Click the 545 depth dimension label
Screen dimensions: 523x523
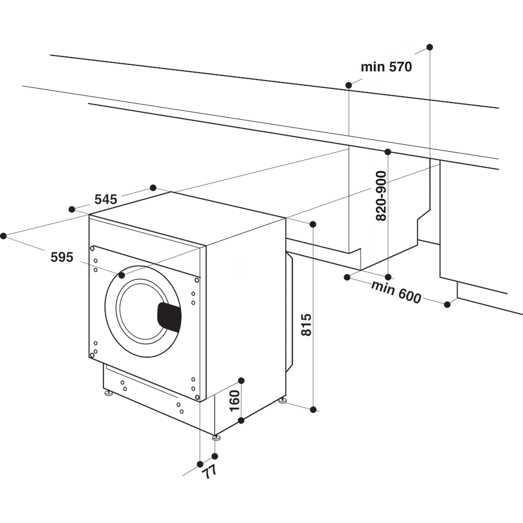click(106, 199)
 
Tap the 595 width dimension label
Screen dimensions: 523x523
click(62, 257)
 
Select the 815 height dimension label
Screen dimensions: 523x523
click(306, 324)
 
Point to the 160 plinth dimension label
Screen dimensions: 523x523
click(234, 400)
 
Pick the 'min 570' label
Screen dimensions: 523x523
click(386, 67)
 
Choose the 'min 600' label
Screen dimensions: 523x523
click(396, 292)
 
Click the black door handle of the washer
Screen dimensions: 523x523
click(169, 317)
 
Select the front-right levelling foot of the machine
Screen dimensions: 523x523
click(216, 437)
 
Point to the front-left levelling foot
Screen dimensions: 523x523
click(108, 393)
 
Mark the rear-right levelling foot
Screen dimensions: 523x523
click(282, 401)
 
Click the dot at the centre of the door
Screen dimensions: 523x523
click(122, 275)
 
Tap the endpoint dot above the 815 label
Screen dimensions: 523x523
click(313, 224)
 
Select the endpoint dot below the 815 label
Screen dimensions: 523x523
click(313, 410)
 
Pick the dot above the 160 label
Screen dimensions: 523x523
click(241, 380)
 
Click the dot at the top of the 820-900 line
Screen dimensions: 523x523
click(388, 152)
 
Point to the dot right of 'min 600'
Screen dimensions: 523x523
click(447, 304)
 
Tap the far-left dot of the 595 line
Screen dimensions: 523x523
click(3, 236)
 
